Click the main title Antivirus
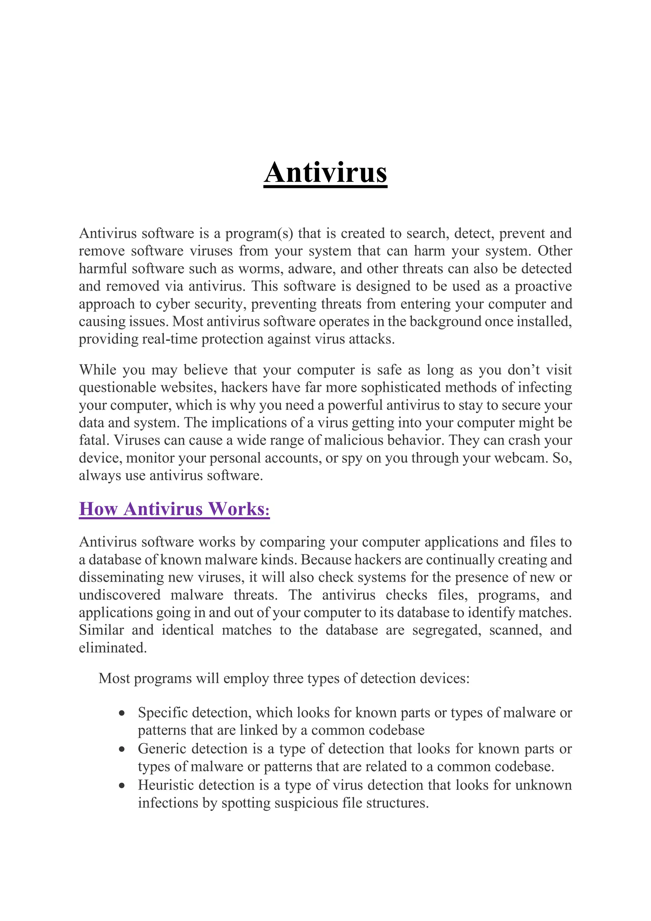(x=325, y=172)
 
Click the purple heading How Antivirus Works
(x=174, y=509)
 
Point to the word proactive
(x=543, y=287)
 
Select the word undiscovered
(x=120, y=595)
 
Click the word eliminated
(x=113, y=648)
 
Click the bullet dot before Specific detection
(x=122, y=714)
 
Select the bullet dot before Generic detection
(x=122, y=750)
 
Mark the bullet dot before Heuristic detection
(x=122, y=786)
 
